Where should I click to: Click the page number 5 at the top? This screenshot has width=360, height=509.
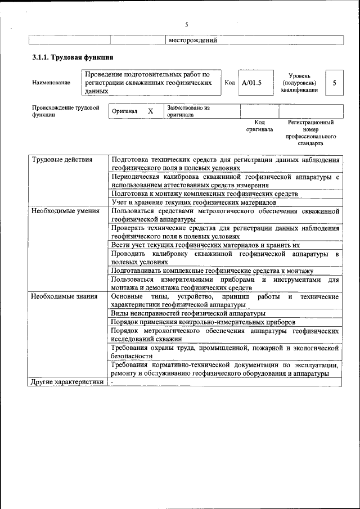pyautogui.click(x=186, y=25)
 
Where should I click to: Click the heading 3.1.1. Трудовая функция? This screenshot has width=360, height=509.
pyautogui.click(x=73, y=57)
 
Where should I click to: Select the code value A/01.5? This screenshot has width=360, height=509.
pyautogui.click(x=251, y=83)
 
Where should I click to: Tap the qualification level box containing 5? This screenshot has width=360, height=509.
pyautogui.click(x=334, y=83)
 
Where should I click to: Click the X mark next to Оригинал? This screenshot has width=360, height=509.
pyautogui.click(x=150, y=111)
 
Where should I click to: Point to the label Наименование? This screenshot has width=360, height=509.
pyautogui.click(x=51, y=83)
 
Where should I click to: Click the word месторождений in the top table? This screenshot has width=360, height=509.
pyautogui.click(x=192, y=40)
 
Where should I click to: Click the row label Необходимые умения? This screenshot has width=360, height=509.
pyautogui.click(x=65, y=211)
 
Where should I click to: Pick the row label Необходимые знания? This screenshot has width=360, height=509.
pyautogui.click(x=64, y=296)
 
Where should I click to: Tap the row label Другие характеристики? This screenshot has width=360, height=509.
pyautogui.click(x=67, y=382)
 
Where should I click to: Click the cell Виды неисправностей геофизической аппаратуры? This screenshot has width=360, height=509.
pyautogui.click(x=188, y=313)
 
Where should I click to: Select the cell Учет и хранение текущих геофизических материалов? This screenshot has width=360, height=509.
pyautogui.click(x=193, y=202)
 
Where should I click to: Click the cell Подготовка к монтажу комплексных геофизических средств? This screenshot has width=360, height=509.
pyautogui.click(x=204, y=193)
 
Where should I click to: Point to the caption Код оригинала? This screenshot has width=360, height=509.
pyautogui.click(x=259, y=125)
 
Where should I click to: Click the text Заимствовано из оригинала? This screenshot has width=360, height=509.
pyautogui.click(x=188, y=111)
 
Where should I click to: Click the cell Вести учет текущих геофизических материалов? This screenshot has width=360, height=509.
pyautogui.click(x=205, y=245)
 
